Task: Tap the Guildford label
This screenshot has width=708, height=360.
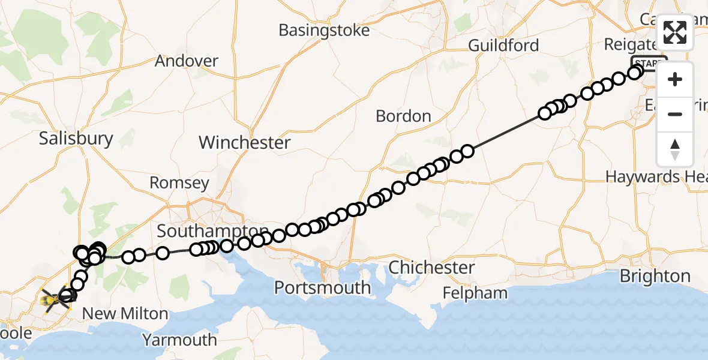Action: click(503, 45)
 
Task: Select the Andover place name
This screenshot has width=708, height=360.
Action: click(186, 61)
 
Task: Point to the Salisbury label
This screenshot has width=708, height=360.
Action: click(76, 139)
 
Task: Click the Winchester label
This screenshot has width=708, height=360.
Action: click(244, 143)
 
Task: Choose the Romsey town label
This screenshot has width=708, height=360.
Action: click(179, 183)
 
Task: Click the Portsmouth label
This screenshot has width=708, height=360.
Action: click(322, 288)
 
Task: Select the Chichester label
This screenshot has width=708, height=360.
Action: click(431, 268)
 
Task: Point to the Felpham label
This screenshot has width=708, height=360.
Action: click(475, 293)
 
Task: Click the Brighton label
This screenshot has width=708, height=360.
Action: click(655, 277)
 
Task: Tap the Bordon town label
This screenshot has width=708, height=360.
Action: click(403, 116)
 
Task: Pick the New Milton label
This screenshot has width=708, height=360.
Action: click(125, 313)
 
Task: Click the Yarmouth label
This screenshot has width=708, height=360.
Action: click(179, 340)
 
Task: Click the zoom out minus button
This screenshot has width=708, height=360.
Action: click(675, 114)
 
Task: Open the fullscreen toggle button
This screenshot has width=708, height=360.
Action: click(675, 32)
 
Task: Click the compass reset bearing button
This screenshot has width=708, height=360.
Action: click(675, 149)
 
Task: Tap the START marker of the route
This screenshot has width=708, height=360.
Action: click(648, 63)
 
